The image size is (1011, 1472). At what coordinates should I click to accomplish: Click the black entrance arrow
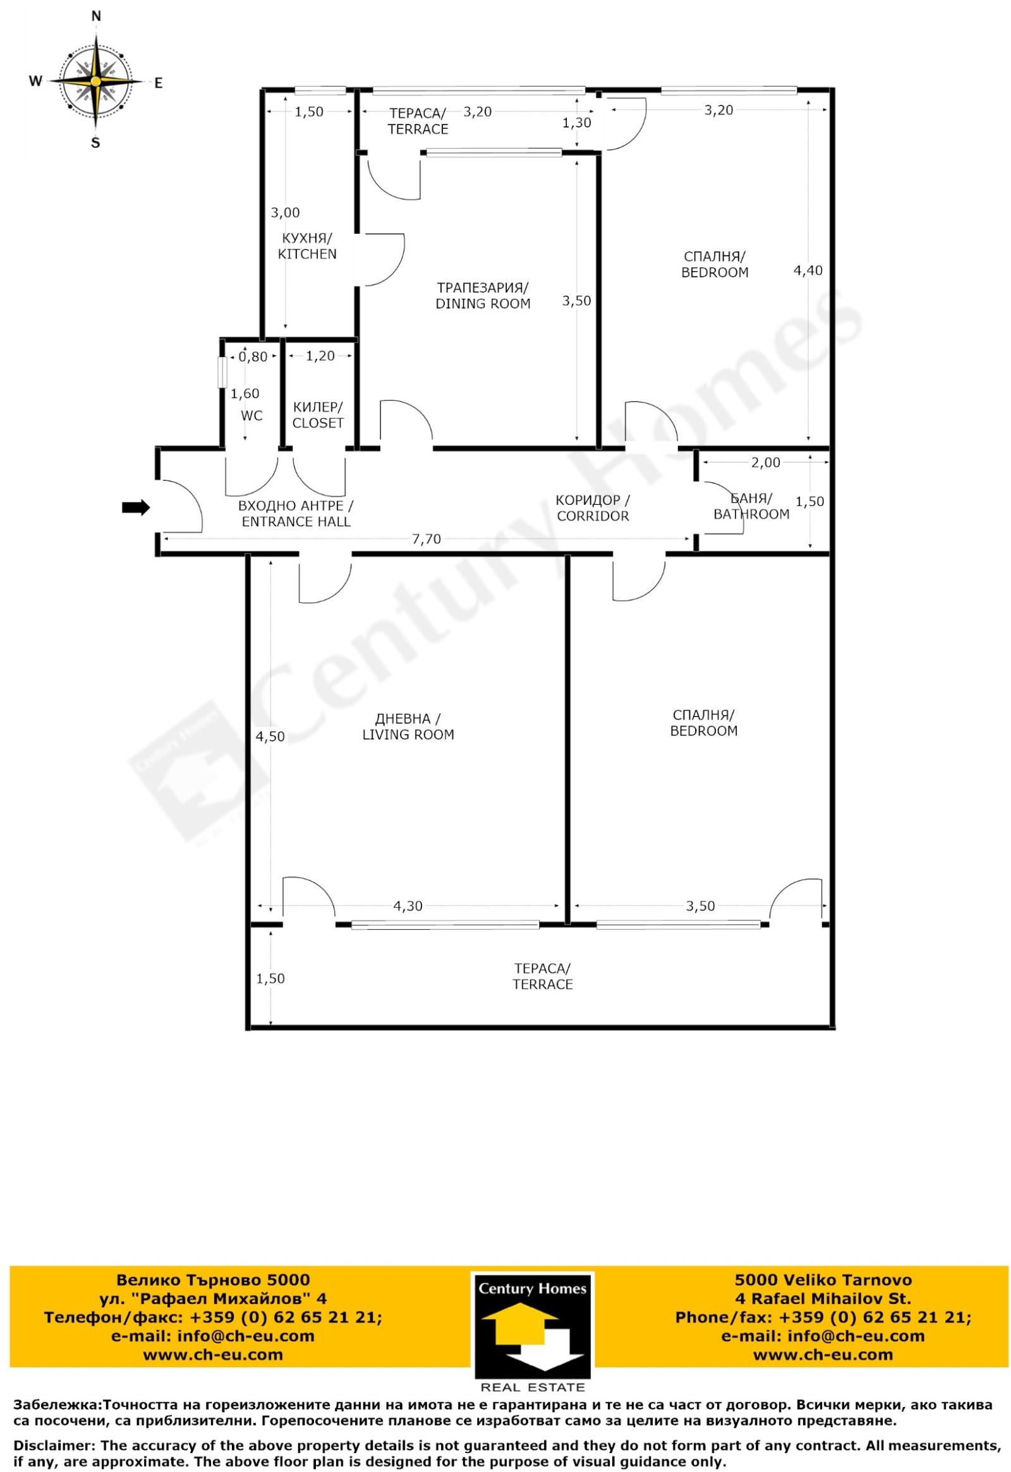click(136, 507)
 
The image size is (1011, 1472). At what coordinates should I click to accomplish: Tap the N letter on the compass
click(96, 17)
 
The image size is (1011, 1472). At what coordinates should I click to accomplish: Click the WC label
click(252, 416)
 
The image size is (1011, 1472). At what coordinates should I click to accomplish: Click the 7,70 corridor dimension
click(427, 539)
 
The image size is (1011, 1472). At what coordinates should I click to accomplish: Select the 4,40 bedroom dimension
click(808, 270)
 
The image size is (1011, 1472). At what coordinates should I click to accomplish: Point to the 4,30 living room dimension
click(408, 907)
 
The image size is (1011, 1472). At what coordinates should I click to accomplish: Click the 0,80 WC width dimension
click(253, 357)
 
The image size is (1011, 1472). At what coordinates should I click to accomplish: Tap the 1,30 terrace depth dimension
click(576, 123)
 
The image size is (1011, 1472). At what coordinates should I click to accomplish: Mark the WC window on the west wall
click(222, 373)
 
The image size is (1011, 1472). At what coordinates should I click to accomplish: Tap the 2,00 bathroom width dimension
click(766, 462)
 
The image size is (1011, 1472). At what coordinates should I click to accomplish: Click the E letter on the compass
click(159, 82)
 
